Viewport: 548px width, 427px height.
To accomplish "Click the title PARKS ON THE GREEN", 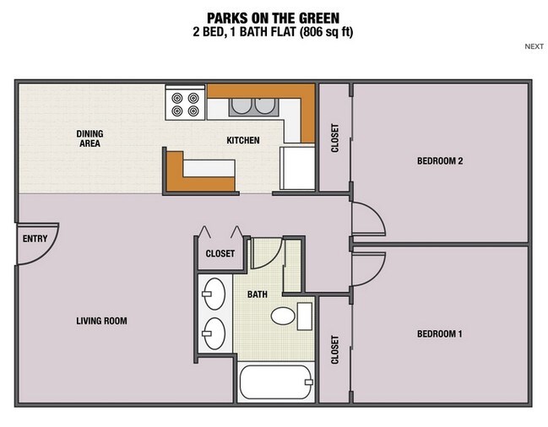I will tap(273, 17).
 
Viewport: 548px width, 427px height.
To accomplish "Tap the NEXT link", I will tap(534, 47).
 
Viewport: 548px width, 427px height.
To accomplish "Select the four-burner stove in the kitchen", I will tap(186, 102).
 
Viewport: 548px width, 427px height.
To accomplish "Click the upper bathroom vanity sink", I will tap(214, 293).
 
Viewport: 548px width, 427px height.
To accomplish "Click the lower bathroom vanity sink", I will tap(214, 332).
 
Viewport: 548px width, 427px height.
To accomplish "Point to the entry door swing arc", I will tap(44, 245).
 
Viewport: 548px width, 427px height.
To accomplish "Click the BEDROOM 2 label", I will tap(440, 161).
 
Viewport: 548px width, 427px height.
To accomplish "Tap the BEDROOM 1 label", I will tap(440, 333).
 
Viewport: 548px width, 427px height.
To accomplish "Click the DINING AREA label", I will tap(89, 138).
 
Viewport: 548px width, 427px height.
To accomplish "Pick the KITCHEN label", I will tap(242, 140).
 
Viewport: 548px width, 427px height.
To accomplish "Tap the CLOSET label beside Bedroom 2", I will tap(334, 138).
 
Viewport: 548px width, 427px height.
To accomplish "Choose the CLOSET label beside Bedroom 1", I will tap(334, 350).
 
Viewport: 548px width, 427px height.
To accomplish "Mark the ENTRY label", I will tap(35, 239).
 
